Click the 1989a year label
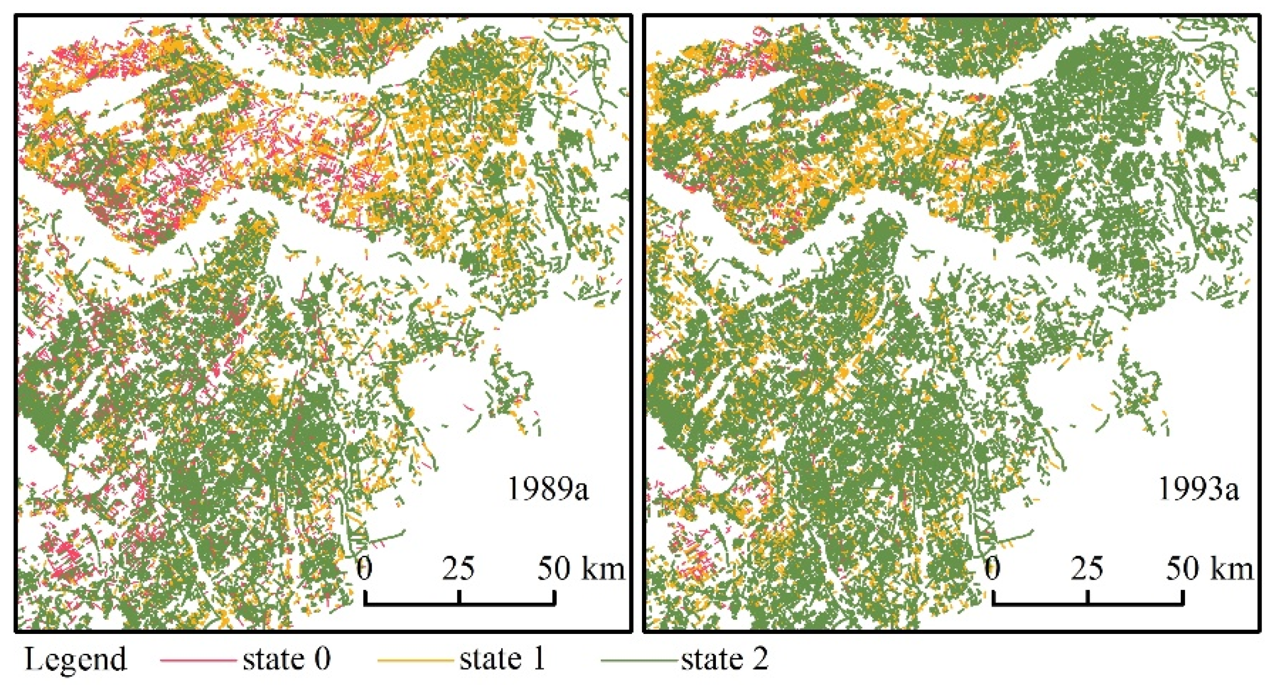coord(548,489)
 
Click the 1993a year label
coord(1198,489)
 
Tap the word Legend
coord(76,659)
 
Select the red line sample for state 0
coord(198,660)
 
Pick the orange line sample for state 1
coord(415,660)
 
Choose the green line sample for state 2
coord(640,660)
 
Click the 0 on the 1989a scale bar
coord(365,568)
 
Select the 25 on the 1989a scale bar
coord(459,568)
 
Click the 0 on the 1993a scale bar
coord(993,568)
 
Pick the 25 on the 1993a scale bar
coord(1087,568)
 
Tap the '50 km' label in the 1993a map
coord(1209,568)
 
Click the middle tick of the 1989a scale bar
coord(459,597)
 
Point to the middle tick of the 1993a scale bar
coord(1088,597)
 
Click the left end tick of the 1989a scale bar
coord(365,597)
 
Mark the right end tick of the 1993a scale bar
coord(1183,597)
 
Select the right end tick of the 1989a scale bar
coord(555,597)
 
